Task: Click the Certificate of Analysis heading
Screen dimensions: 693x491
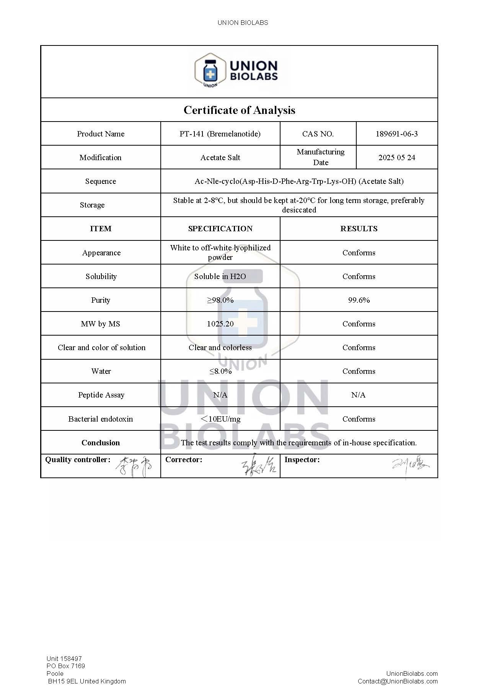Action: (x=239, y=110)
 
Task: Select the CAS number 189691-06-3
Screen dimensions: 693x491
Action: (x=396, y=134)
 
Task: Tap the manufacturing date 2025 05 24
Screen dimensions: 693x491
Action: (x=396, y=157)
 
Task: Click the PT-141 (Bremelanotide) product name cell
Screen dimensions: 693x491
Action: (x=220, y=134)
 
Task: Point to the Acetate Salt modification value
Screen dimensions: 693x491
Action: (x=220, y=157)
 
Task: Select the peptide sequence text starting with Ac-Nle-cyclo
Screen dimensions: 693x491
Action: (x=299, y=181)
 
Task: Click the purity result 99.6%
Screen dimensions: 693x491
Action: (x=359, y=300)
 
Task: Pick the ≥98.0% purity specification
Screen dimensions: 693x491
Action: (x=220, y=300)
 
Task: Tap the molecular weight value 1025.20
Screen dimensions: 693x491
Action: (x=220, y=324)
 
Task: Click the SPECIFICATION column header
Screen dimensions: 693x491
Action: (x=220, y=229)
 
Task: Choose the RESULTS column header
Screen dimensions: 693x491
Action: (x=359, y=229)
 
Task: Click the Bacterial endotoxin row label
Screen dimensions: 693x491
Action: (x=101, y=419)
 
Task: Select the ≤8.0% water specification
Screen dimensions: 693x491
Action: (x=220, y=371)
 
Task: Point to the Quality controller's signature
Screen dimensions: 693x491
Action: (x=134, y=466)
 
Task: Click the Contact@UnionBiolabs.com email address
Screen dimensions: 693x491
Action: (x=397, y=681)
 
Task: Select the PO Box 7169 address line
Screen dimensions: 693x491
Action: (x=66, y=666)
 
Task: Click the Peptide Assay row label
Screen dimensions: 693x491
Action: (x=101, y=395)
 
